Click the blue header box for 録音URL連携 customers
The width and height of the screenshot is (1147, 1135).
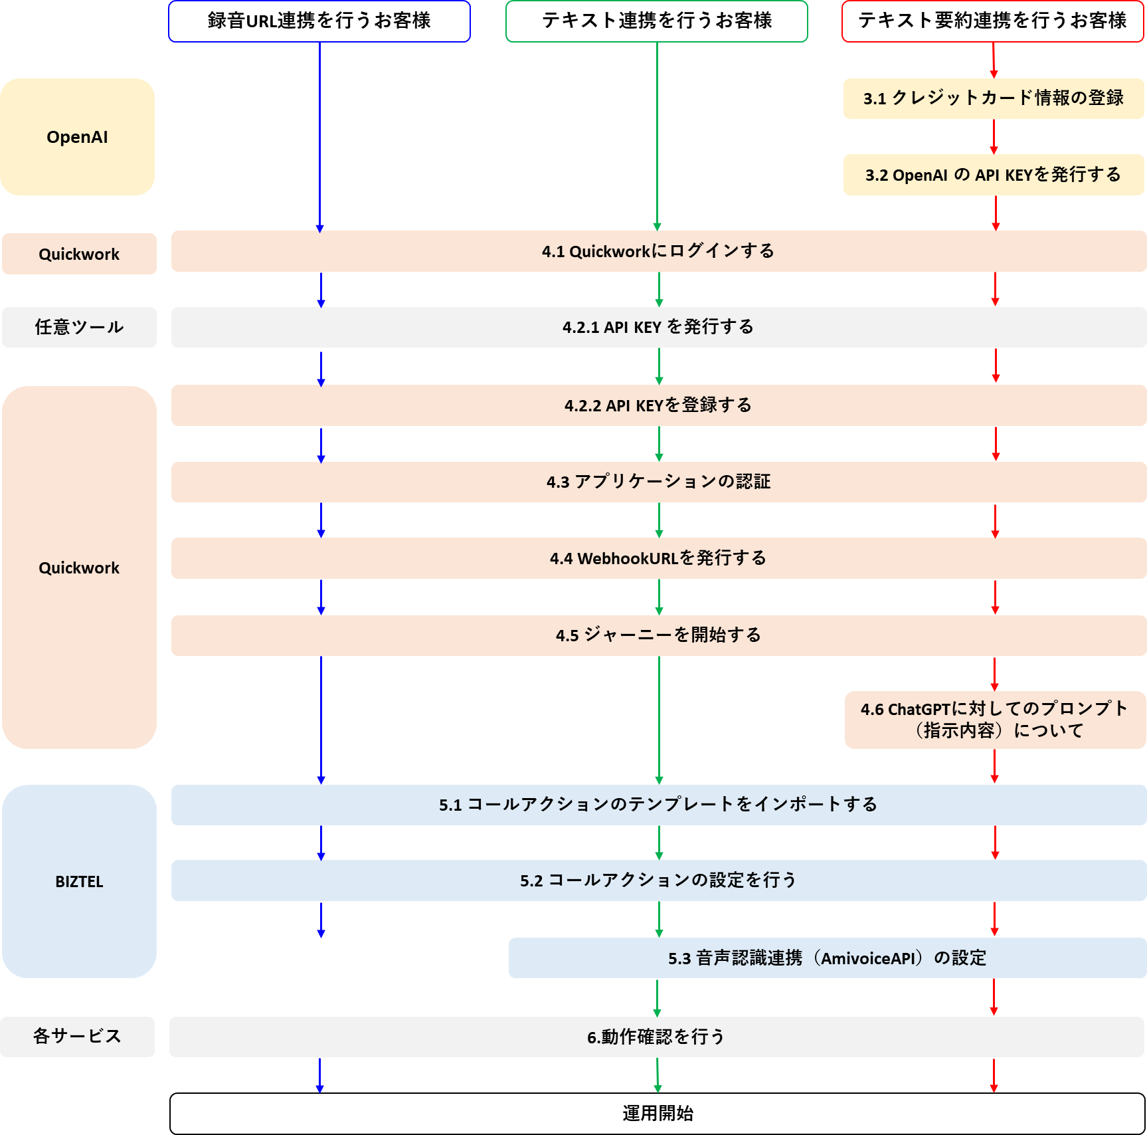point(319,21)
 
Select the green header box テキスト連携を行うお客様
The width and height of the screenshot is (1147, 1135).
point(657,21)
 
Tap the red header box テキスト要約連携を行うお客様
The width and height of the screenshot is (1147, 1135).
point(993,21)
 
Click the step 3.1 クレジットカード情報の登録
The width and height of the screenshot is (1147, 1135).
point(994,98)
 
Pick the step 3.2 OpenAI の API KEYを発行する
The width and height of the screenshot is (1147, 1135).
point(994,175)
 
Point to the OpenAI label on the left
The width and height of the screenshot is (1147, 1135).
point(77,137)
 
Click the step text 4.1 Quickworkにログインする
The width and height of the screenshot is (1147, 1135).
point(658,251)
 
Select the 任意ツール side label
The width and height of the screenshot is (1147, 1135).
point(79,327)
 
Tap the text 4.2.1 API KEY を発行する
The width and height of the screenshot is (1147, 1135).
point(658,327)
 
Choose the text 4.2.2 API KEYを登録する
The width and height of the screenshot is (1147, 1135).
point(658,405)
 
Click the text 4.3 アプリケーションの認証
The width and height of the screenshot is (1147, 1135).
point(658,482)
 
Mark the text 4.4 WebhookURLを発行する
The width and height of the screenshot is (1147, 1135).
point(658,558)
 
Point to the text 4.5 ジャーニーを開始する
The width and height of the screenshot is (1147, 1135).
point(658,635)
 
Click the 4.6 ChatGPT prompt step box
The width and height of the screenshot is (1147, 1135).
point(995,720)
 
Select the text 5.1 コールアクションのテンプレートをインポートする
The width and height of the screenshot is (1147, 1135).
point(658,805)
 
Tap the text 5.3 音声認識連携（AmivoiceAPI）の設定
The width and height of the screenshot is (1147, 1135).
point(827,958)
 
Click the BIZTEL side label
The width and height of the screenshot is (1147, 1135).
point(79,881)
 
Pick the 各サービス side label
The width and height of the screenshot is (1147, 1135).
point(77,1037)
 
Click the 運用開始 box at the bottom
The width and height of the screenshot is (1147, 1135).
point(658,1114)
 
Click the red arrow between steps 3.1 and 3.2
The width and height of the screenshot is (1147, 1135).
point(994,137)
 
